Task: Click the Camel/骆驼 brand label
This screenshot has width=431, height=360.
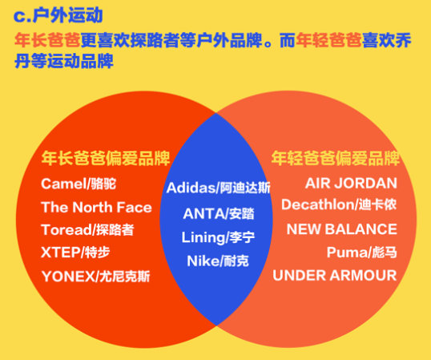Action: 79,184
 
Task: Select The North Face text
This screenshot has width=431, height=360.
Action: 96,207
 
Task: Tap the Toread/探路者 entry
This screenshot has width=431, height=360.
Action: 87,230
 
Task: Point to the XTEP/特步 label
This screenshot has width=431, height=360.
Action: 75,253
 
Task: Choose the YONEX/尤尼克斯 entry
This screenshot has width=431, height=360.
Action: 95,277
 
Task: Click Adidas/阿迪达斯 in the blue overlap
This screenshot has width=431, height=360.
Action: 219,188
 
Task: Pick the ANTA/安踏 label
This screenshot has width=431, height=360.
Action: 219,214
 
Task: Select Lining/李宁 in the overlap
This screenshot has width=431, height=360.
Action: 218,237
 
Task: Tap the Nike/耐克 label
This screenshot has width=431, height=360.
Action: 218,261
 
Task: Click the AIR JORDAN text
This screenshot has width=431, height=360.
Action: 351,183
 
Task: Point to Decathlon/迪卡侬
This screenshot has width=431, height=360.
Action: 339,204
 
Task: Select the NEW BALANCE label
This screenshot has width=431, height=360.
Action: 341,229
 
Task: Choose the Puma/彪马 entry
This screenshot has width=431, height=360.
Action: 362,253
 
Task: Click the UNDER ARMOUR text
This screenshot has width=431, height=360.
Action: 335,275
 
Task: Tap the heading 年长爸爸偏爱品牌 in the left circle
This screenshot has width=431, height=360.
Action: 106,158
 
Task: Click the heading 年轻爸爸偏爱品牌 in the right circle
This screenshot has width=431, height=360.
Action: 336,158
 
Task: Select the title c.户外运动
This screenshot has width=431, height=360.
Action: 58,15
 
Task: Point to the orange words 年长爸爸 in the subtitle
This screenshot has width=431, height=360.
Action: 47,40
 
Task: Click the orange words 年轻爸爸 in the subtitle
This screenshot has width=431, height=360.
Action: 328,40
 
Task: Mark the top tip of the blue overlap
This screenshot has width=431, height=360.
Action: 216,113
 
